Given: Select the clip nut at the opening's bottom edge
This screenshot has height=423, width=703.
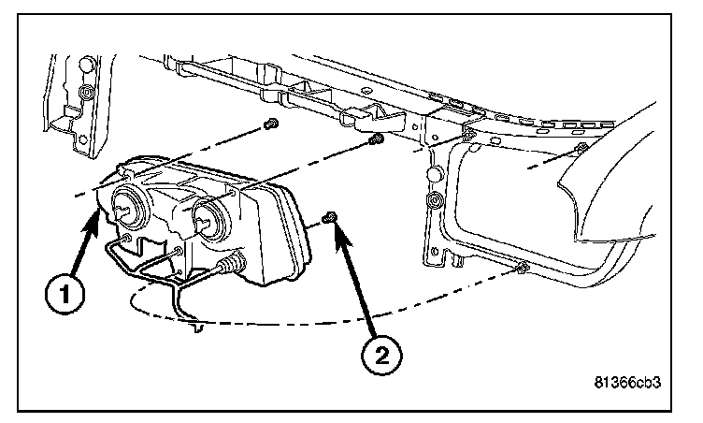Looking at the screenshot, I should (x=523, y=270).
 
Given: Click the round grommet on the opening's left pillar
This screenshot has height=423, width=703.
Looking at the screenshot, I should (x=434, y=200).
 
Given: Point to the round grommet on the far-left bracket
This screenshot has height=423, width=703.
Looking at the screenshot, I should (x=86, y=93).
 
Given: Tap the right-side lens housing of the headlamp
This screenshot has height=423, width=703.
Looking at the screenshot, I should (x=271, y=229).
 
